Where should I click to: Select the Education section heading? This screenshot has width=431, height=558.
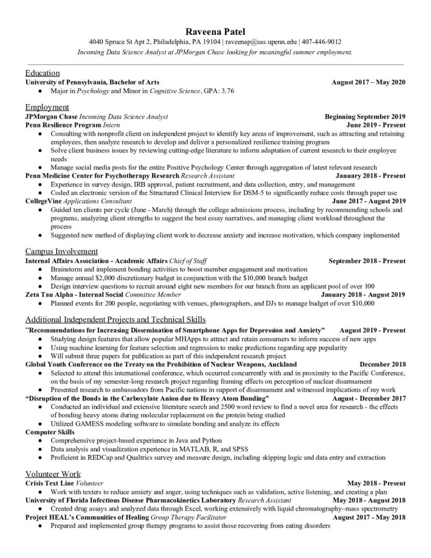tap(43, 72)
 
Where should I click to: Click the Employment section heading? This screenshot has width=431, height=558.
tap(47, 107)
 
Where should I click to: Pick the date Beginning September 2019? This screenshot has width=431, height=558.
tap(365, 116)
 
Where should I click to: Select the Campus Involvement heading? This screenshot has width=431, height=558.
tap(62, 251)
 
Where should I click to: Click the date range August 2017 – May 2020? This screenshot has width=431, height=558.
tap(368, 82)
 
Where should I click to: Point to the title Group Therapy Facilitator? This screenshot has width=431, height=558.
tap(190, 517)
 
